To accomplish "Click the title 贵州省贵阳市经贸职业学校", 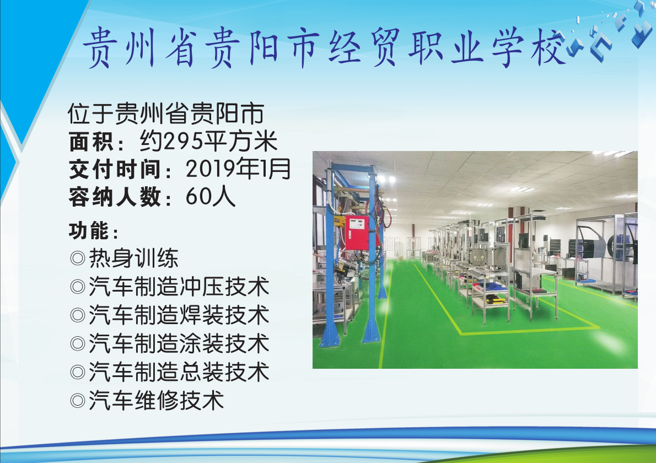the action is (x=324, y=47).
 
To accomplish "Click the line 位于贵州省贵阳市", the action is (x=166, y=113).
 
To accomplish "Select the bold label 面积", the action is (x=90, y=141).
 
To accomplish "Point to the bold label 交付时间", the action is (x=114, y=169).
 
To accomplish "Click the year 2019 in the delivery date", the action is (x=211, y=169).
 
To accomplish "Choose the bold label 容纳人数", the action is (x=114, y=197).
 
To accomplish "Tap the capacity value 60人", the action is (x=211, y=196).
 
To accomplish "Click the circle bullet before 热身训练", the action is (x=78, y=259).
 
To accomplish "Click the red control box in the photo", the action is (x=357, y=233).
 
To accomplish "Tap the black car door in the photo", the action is (x=592, y=242).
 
